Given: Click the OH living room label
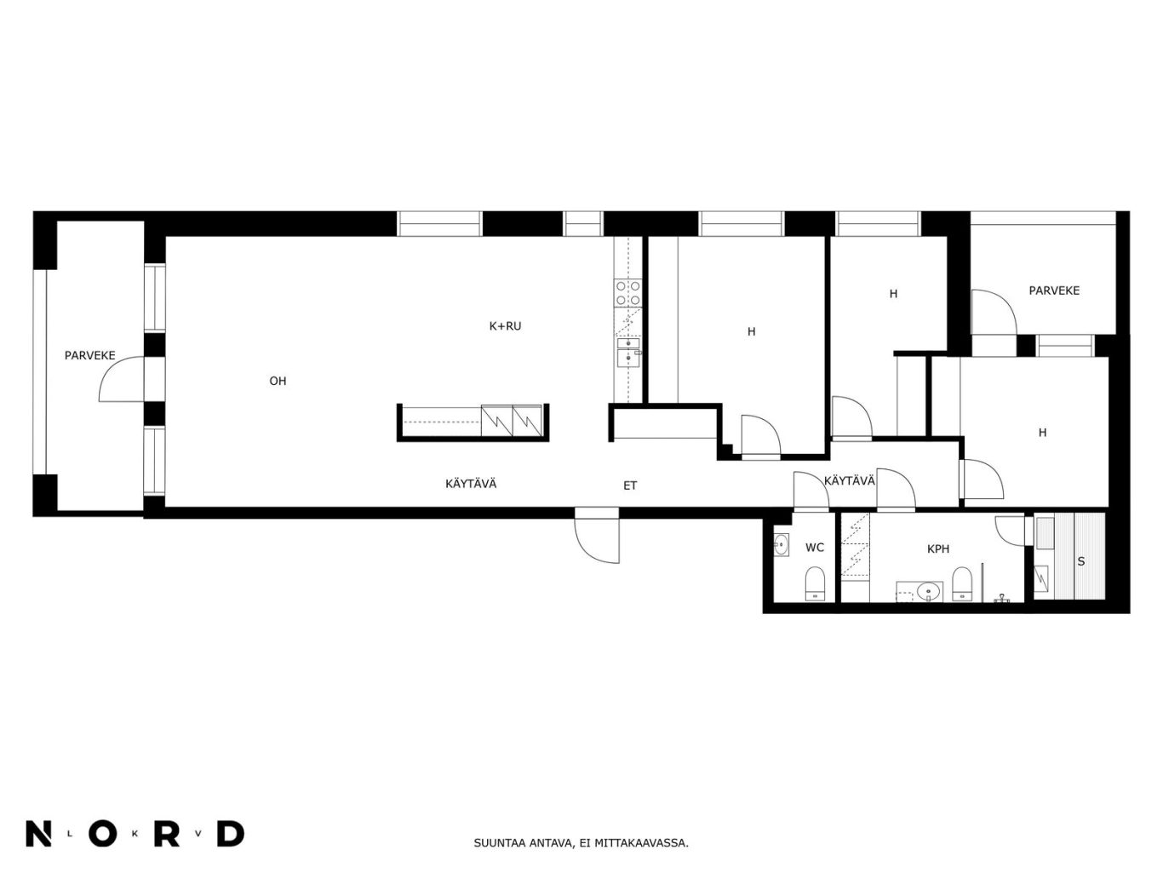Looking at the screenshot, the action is pos(278,381).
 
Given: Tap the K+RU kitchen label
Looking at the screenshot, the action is pos(505,326).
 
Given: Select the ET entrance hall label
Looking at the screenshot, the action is pos(630,485).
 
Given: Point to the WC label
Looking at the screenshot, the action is pos(815,548).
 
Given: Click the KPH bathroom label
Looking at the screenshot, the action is pos(938,549).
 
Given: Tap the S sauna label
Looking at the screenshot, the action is pos(1081,561).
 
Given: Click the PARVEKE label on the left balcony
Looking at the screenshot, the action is pos(89,356).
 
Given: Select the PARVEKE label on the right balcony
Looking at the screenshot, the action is pos(1054,290).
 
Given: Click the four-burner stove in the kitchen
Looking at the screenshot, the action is pos(627,293).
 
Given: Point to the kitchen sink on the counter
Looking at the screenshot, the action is pos(628,352).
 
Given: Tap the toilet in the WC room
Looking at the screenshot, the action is pos(815,584).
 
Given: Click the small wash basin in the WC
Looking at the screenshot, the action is pos(781,544).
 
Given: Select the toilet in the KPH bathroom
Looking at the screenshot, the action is pos(962,584).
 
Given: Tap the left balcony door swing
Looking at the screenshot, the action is pos(122,378).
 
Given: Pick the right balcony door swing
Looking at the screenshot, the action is pos(994,312).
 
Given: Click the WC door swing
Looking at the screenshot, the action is pos(811,491).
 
